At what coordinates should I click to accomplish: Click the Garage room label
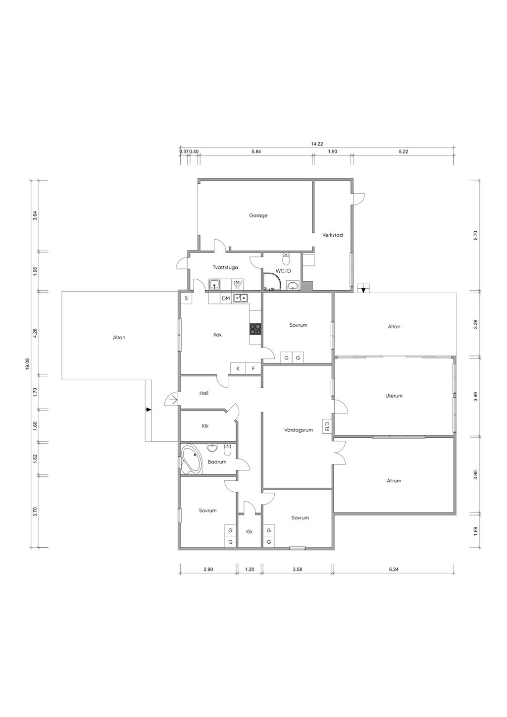coord(258,215)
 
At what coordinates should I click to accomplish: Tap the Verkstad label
coord(332,235)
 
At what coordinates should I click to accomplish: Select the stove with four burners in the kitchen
coord(255,329)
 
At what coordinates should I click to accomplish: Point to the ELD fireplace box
coord(327,426)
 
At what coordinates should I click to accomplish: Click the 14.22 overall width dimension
coord(317,144)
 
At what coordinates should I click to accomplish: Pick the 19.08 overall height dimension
coord(27,364)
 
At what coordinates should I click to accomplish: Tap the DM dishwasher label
coord(226,298)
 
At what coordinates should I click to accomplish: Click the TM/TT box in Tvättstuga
coord(237,285)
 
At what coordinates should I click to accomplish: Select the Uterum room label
coord(394,396)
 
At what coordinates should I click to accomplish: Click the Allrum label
coord(394,480)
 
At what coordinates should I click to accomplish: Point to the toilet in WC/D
coord(286,258)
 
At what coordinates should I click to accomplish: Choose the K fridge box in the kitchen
coord(238,368)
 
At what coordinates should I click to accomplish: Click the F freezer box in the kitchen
coord(253,368)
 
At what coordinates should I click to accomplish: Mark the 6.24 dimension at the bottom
coord(394,569)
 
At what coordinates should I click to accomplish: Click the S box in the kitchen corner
coord(186,298)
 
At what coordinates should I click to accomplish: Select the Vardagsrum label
coord(299,430)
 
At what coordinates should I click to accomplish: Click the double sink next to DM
coord(240,298)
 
